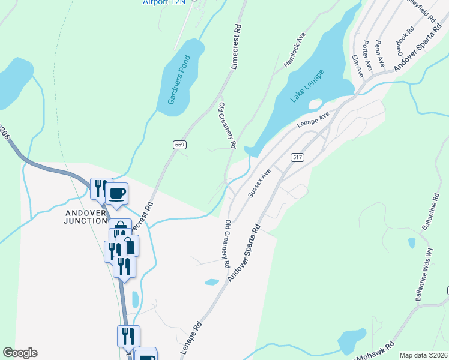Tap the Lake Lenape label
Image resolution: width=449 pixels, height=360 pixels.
pyautogui.click(x=307, y=86)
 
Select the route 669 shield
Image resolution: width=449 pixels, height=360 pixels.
pyautogui.click(x=179, y=145)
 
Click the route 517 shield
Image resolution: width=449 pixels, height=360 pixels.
pyautogui.click(x=296, y=157)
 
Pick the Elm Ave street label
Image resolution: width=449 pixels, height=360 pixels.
pyautogui.click(x=357, y=64)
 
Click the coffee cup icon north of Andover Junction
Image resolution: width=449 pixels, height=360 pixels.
pyautogui.click(x=116, y=194)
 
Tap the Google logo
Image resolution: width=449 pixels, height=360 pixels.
pyautogui.click(x=20, y=353)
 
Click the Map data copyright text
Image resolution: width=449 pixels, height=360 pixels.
pyautogui.click(x=423, y=355)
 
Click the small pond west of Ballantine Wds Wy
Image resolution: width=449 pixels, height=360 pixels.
pyautogui.click(x=411, y=243)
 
